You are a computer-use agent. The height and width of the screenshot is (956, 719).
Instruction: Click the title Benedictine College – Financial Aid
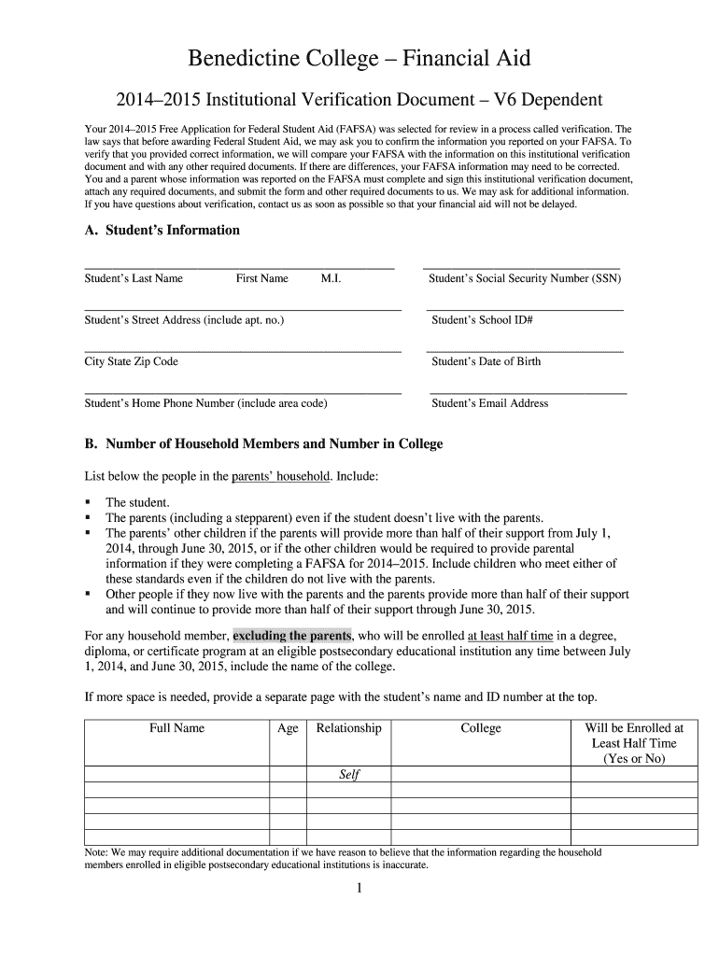point(359,59)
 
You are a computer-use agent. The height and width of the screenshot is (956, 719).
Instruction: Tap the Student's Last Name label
point(134,278)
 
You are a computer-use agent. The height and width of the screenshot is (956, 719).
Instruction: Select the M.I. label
point(331,278)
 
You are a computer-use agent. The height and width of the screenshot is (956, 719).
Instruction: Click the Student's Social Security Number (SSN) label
point(524,278)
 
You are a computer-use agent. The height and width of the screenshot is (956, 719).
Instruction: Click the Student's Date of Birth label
point(486,361)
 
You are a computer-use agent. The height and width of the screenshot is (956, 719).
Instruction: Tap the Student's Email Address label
point(489,403)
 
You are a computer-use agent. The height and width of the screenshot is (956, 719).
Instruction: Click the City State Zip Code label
point(131,361)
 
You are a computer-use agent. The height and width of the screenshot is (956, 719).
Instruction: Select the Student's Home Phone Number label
point(205,403)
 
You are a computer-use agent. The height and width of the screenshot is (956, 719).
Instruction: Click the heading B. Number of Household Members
point(263,444)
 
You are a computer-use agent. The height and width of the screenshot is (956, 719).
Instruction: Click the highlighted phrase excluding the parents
point(292,635)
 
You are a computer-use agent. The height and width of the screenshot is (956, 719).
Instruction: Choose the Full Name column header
point(176,728)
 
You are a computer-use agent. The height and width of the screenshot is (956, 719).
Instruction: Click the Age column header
point(288,728)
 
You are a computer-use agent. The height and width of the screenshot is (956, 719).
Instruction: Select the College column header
point(481,728)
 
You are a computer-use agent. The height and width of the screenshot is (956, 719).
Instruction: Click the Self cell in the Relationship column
point(348,775)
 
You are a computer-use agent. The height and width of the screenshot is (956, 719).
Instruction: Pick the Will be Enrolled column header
point(634,743)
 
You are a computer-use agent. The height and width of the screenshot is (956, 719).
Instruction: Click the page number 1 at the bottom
point(359,889)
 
